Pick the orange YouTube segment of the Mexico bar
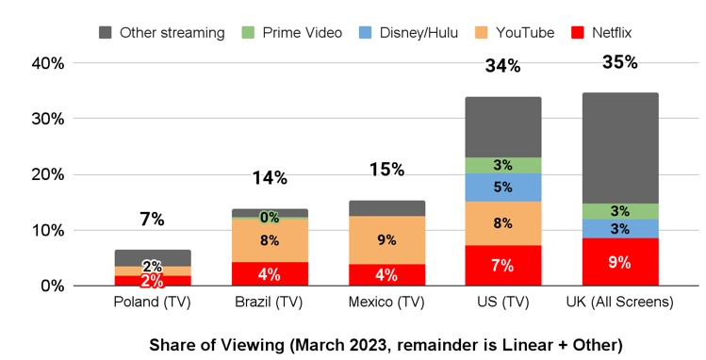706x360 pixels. pyautogui.click(x=386, y=239)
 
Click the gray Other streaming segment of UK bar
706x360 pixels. pyautogui.click(x=620, y=148)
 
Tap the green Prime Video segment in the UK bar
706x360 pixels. pyautogui.click(x=620, y=212)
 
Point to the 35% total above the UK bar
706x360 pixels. pyautogui.click(x=620, y=63)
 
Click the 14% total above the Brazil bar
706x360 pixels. pyautogui.click(x=270, y=178)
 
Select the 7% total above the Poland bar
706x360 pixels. pyautogui.click(x=152, y=220)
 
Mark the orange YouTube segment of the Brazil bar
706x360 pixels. pyautogui.click(x=270, y=240)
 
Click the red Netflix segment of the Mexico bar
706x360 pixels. pyautogui.click(x=386, y=274)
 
